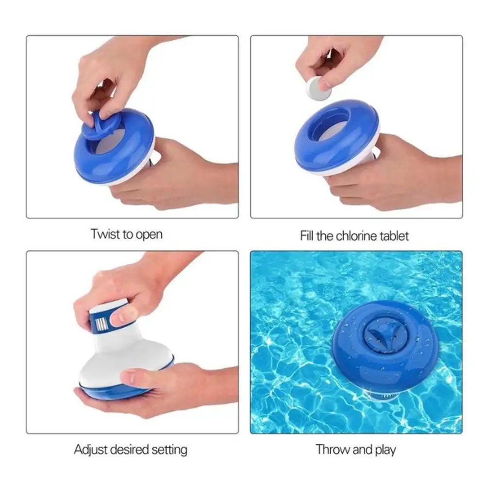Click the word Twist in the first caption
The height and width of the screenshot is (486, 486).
tap(105, 234)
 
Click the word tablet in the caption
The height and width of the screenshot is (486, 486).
tap(394, 236)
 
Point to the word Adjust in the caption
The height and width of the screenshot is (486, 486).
tap(90, 450)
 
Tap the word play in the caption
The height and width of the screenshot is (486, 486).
tap(385, 451)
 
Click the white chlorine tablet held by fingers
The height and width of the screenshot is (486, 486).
tap(319, 89)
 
